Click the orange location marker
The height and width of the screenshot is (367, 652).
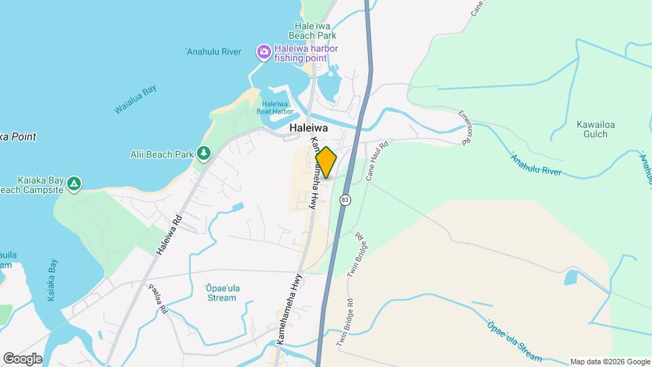click(326, 162)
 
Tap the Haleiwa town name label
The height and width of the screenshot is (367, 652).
click(308, 128)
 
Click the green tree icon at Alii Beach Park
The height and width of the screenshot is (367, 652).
click(203, 154)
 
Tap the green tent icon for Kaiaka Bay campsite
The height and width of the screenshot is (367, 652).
click(74, 183)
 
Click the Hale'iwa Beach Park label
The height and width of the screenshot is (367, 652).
click(312, 31)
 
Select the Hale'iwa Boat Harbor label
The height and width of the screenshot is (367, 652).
click(275, 107)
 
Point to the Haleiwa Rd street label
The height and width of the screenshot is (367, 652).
click(170, 235)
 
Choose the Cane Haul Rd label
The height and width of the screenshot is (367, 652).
click(376, 160)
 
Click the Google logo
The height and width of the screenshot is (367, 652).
click(22, 359)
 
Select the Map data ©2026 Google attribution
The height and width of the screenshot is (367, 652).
click(609, 362)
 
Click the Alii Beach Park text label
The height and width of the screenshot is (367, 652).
click(162, 154)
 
